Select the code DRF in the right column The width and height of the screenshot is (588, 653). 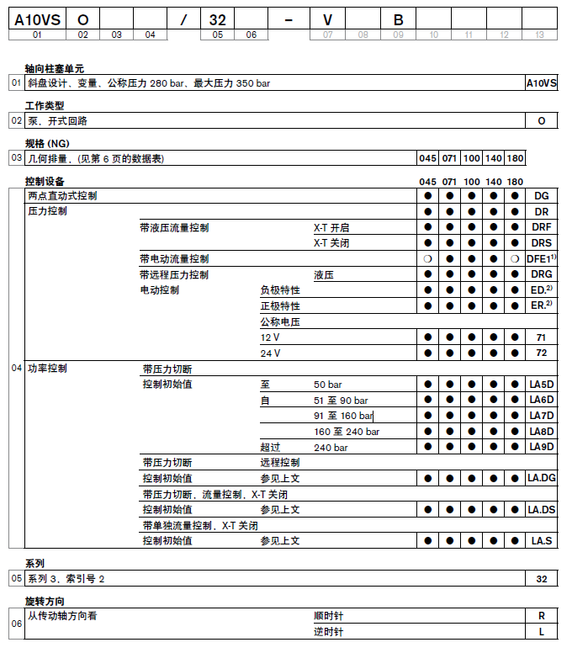pyautogui.click(x=541, y=227)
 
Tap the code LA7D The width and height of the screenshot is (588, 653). pyautogui.click(x=542, y=416)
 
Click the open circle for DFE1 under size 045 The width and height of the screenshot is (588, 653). pyautogui.click(x=428, y=259)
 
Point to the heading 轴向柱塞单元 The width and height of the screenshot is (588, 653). pyautogui.click(x=55, y=69)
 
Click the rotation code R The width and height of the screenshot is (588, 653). pyautogui.click(x=542, y=616)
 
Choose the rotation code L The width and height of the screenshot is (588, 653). pyautogui.click(x=542, y=631)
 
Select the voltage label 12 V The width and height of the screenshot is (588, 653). pyautogui.click(x=270, y=337)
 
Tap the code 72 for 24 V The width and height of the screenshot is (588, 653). pyautogui.click(x=542, y=353)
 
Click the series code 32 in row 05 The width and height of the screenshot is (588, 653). pyautogui.click(x=542, y=579)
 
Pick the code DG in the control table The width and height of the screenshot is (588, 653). pyautogui.click(x=542, y=196)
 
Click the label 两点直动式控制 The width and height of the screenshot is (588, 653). pyautogui.click(x=62, y=196)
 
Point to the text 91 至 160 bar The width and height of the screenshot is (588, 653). pyautogui.click(x=342, y=416)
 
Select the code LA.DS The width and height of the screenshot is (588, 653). pyautogui.click(x=542, y=509)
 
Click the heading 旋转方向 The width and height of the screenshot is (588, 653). pyautogui.click(x=45, y=602)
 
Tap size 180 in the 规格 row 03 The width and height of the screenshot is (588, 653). pyautogui.click(x=515, y=158)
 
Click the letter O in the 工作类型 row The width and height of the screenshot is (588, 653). pyautogui.click(x=542, y=121)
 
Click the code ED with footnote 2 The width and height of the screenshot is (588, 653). pyautogui.click(x=540, y=290)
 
